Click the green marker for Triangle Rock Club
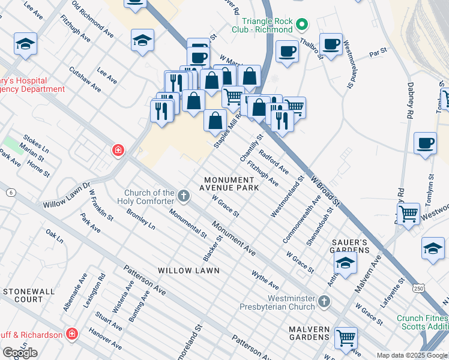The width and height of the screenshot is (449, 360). pyautogui.click(x=303, y=25)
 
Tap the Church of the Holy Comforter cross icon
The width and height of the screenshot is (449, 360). pyautogui.click(x=184, y=196)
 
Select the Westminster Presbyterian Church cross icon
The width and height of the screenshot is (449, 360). pyautogui.click(x=324, y=300)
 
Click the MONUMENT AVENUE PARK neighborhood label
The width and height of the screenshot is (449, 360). pyautogui.click(x=231, y=184)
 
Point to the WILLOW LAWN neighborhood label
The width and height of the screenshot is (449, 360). pyautogui.click(x=188, y=271)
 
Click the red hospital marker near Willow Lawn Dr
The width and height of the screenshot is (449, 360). pyautogui.click(x=118, y=150)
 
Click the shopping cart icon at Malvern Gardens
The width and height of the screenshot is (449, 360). pyautogui.click(x=346, y=338)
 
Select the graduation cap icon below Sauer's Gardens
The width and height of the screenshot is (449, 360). pyautogui.click(x=345, y=262)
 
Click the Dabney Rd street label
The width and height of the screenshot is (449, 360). pyautogui.click(x=411, y=100)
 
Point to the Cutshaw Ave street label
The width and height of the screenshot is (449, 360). pyautogui.click(x=85, y=79)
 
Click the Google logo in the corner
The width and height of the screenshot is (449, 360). pyautogui.click(x=20, y=352)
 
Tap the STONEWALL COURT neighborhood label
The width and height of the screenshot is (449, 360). pyautogui.click(x=23, y=295)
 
